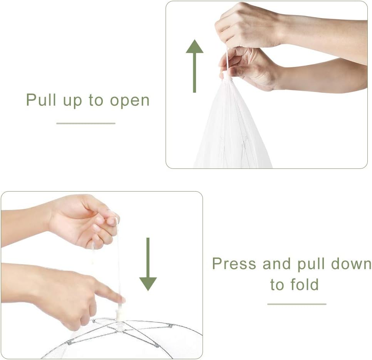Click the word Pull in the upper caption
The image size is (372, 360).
41,100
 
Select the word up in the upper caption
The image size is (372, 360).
72,102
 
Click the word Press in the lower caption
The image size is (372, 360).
234,263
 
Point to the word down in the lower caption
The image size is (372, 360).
351,263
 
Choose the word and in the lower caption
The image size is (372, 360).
276,263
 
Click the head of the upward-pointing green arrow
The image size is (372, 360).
194,46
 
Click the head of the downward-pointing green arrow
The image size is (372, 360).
148,284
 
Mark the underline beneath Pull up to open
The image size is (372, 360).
86,123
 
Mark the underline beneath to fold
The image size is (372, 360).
297,304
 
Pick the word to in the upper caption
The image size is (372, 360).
96,100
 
